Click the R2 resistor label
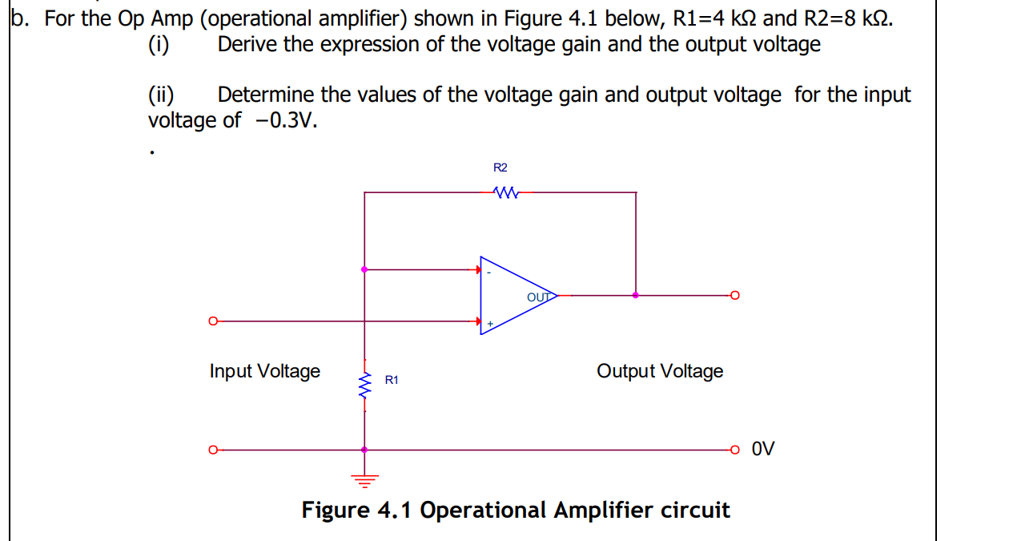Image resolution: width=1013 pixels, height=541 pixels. [x=500, y=168]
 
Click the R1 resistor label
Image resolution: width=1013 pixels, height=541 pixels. [x=392, y=380]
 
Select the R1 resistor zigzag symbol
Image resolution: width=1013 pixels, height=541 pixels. [x=365, y=386]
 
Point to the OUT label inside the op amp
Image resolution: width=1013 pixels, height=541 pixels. [x=540, y=297]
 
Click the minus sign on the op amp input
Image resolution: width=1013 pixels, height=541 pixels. [x=489, y=274]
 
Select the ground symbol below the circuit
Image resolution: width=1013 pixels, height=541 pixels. [x=365, y=479]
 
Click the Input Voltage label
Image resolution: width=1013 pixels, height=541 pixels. [x=264, y=371]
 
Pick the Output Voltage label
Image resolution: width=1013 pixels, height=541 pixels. [x=659, y=371]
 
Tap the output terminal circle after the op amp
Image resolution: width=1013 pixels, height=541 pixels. [x=734, y=295]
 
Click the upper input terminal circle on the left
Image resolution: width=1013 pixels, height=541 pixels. [x=212, y=321]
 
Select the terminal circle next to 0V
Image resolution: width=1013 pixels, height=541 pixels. [x=734, y=450]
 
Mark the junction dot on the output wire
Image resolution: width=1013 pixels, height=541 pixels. [x=636, y=295]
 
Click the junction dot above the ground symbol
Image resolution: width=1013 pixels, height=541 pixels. [x=365, y=450]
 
